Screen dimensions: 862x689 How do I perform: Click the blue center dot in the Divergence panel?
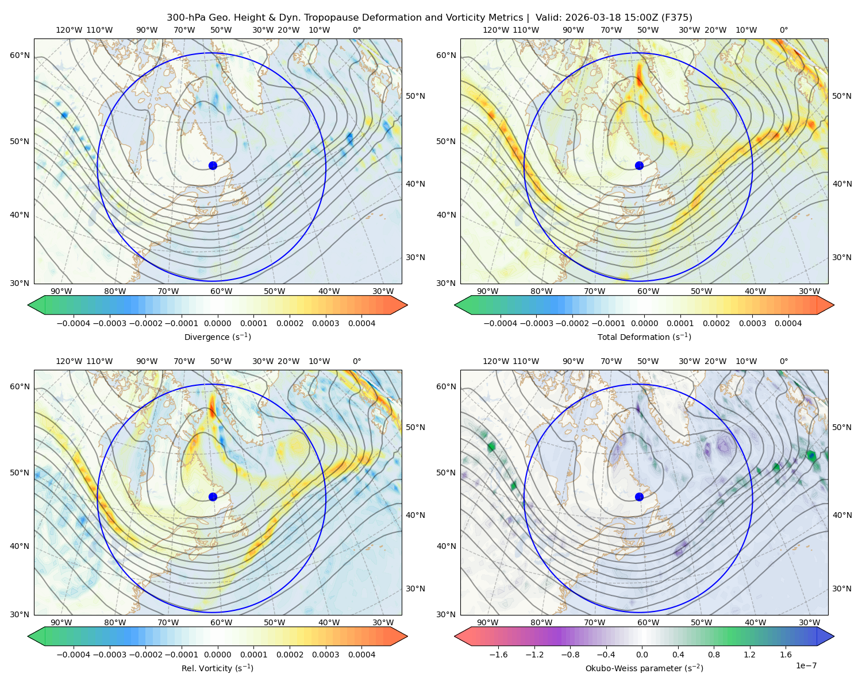(213, 165)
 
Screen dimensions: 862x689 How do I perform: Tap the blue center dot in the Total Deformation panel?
(639, 165)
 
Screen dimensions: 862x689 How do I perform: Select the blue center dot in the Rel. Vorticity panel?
(213, 497)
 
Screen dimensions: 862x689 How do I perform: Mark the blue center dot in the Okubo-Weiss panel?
(639, 497)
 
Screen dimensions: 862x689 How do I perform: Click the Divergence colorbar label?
(217, 336)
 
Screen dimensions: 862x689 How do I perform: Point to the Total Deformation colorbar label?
(644, 336)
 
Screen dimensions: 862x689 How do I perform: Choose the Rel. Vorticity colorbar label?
(217, 668)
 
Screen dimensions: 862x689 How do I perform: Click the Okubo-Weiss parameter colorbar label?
(644, 668)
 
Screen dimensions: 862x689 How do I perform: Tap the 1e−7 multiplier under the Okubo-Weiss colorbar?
(806, 665)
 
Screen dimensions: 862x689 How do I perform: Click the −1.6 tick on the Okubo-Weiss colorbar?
(498, 654)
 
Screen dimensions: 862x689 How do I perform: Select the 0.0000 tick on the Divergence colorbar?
(217, 323)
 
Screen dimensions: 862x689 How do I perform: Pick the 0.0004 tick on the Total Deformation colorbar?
(788, 323)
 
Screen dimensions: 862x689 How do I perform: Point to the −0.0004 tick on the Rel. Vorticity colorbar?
(74, 654)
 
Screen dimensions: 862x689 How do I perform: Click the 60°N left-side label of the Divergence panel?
(20, 55)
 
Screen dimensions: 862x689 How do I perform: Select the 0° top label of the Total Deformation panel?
(783, 30)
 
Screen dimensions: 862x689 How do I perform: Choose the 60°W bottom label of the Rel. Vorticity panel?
(221, 622)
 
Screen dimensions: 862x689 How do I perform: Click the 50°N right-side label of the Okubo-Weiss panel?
(841, 427)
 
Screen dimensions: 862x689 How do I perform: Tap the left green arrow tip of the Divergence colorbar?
(28, 305)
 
